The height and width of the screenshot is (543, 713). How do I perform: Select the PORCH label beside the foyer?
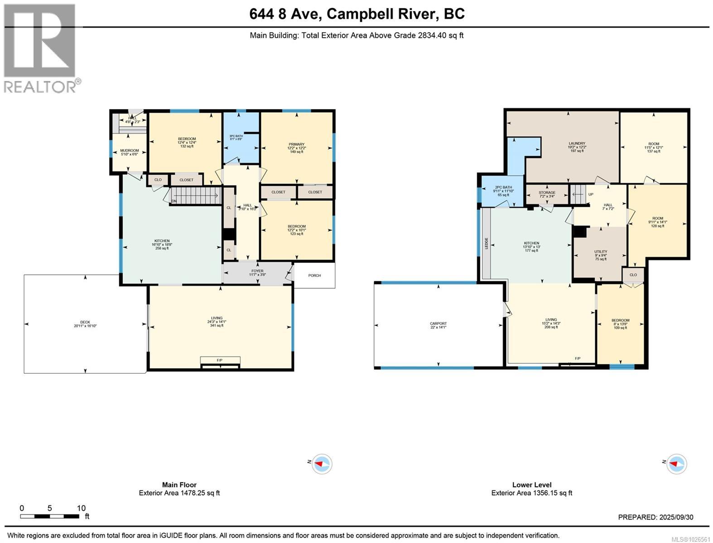[x=314, y=275]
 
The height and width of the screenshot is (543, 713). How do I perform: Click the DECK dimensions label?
[x=86, y=324]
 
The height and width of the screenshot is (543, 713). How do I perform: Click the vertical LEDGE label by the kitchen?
[x=487, y=243]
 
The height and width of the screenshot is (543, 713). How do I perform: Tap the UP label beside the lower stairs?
[x=591, y=195]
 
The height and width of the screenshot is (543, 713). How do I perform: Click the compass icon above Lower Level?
[x=676, y=464]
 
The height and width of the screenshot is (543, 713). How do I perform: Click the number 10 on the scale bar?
[x=81, y=508]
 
